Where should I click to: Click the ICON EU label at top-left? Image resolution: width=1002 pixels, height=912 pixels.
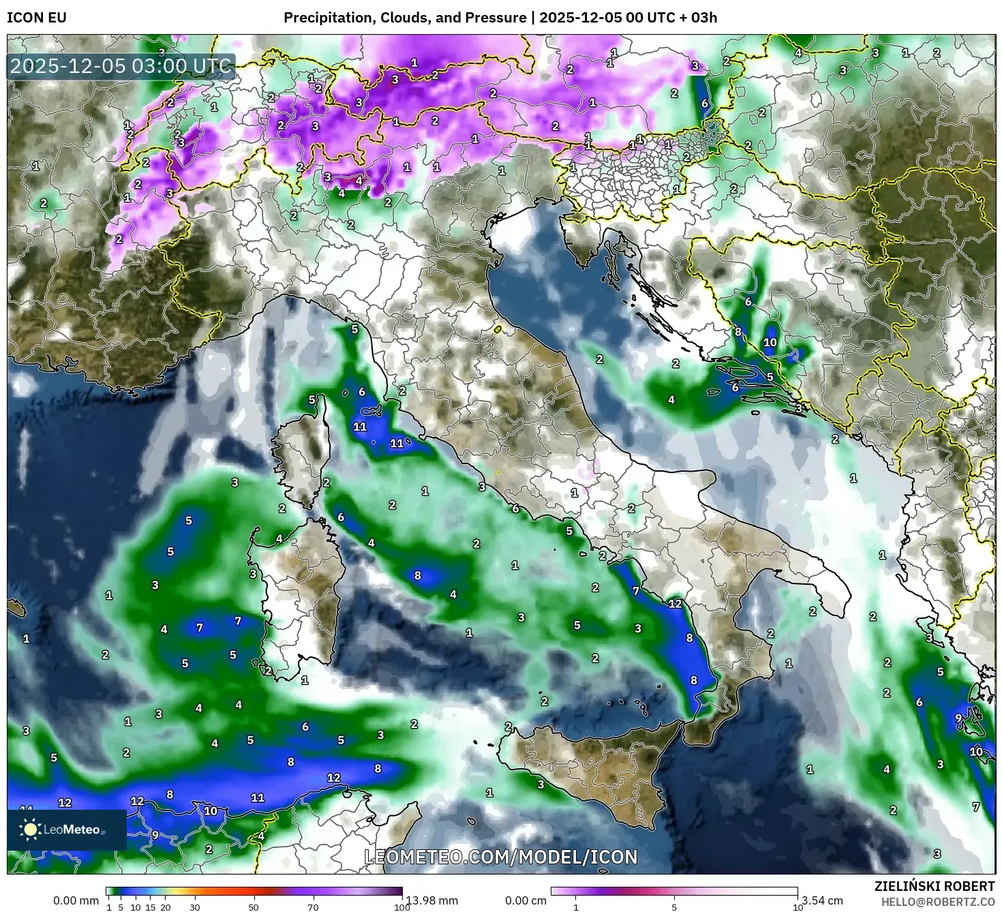(37, 18)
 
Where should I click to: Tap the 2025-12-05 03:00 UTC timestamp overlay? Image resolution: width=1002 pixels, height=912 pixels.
(121, 66)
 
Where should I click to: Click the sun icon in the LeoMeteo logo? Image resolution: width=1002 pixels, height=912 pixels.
(31, 830)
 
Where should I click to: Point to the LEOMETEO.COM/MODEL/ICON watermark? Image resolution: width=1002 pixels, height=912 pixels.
(501, 857)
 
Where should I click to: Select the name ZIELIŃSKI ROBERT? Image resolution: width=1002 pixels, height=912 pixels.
(935, 886)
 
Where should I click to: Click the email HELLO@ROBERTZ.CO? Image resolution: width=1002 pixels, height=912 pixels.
(939, 902)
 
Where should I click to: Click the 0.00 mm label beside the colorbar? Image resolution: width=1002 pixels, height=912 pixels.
(76, 900)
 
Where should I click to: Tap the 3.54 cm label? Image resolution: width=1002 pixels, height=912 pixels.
(822, 900)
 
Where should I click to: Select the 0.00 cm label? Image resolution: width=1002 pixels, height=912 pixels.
(526, 900)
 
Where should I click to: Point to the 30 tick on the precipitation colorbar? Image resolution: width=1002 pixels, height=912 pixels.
(195, 907)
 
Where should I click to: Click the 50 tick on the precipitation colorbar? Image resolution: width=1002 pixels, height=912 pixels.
(254, 907)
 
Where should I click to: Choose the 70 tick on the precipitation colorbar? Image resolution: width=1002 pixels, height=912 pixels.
(313, 907)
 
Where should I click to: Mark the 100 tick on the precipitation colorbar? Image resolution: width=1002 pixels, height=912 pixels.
(402, 907)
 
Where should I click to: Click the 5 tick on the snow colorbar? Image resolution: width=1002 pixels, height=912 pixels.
(674, 907)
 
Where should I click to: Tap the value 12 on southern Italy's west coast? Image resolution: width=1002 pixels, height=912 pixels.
(675, 603)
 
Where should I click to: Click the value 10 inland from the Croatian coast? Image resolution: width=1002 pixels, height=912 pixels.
(770, 343)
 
